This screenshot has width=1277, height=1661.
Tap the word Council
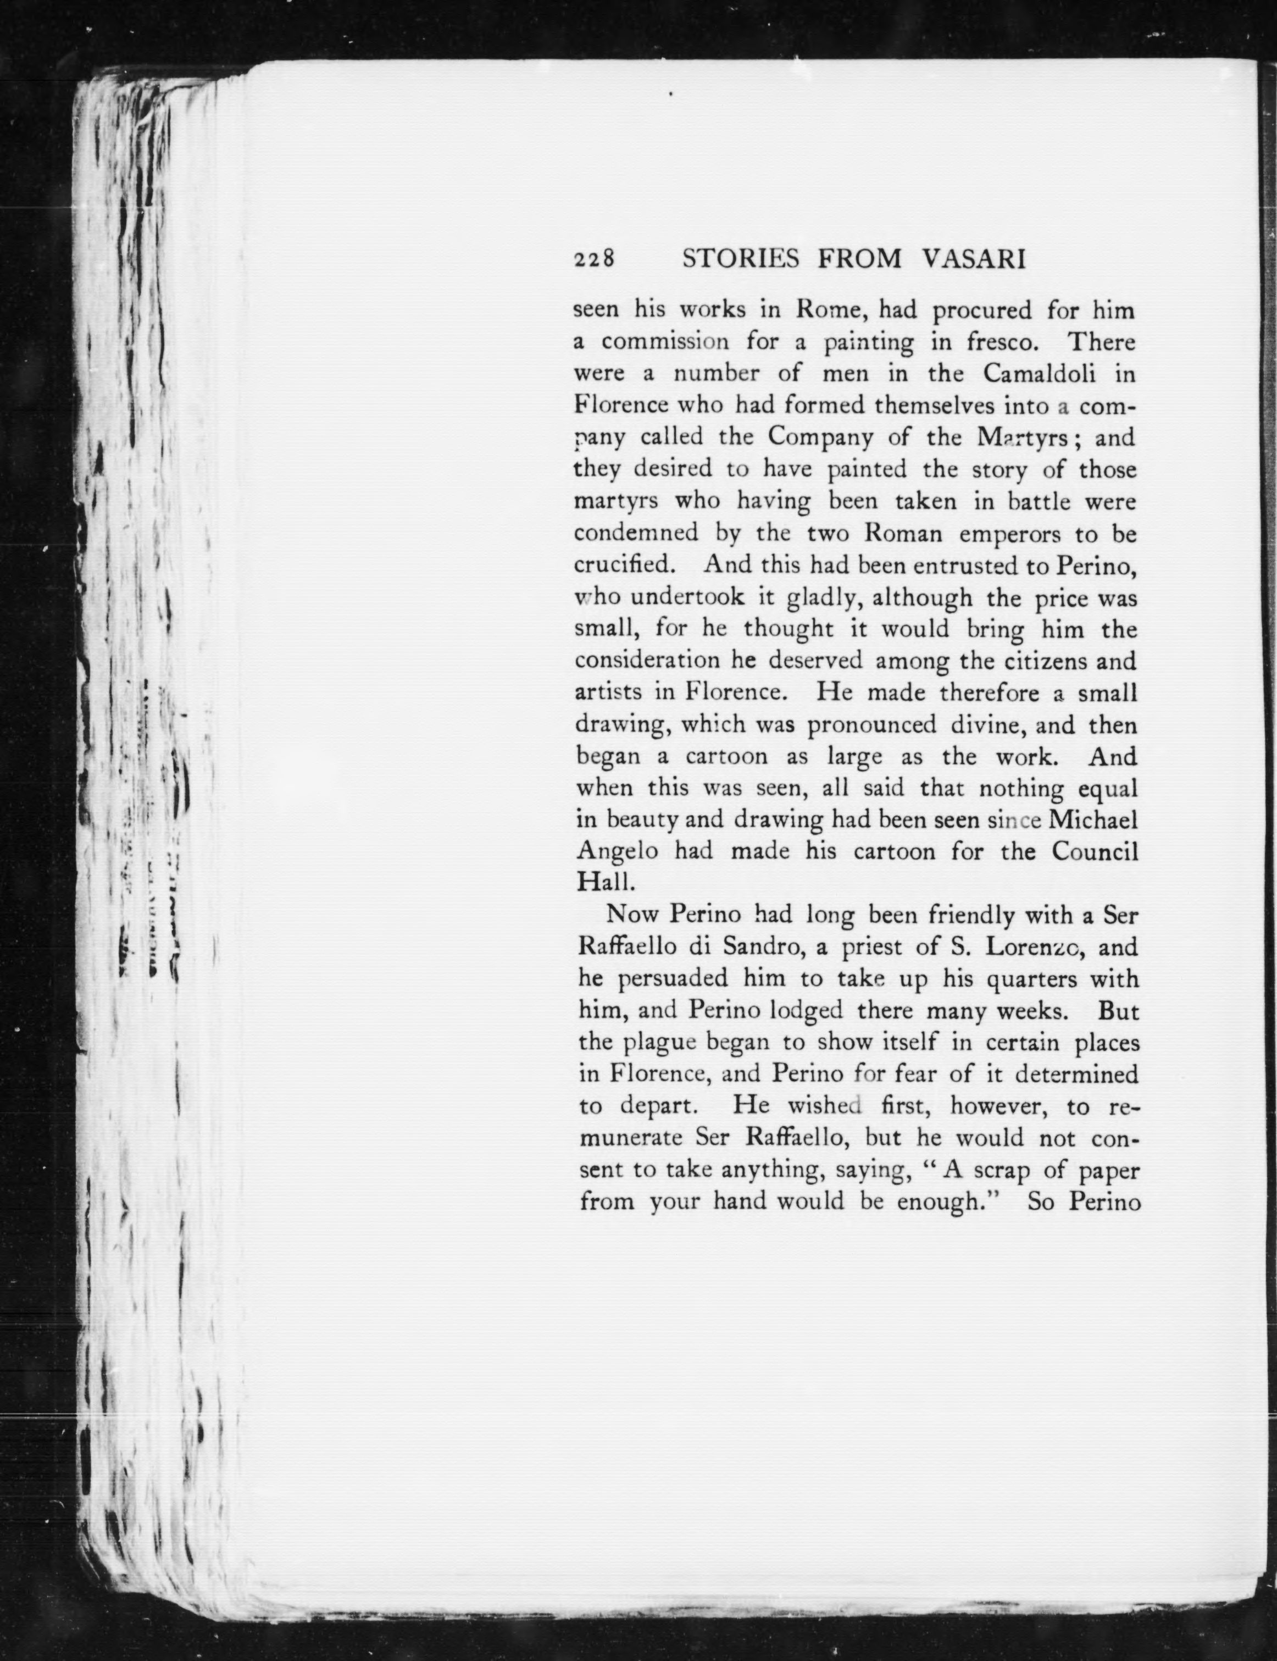pos(1095,852)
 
